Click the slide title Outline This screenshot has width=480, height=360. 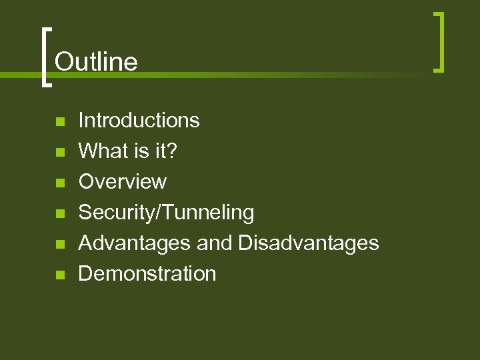pyautogui.click(x=96, y=62)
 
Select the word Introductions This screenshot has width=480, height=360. pyautogui.click(x=139, y=120)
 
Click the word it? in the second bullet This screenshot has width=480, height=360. pyautogui.click(x=165, y=151)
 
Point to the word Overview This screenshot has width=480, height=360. pyautogui.click(x=123, y=181)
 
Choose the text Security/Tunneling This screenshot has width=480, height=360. pyautogui.click(x=166, y=213)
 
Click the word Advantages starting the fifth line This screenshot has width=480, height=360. pyautogui.click(x=135, y=243)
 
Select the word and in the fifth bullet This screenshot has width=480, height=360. pyautogui.click(x=214, y=243)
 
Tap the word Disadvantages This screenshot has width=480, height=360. pyautogui.click(x=309, y=243)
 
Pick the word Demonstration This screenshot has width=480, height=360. pyautogui.click(x=147, y=273)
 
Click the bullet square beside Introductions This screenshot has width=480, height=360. pyautogui.click(x=59, y=122)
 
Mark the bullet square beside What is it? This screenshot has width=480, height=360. pyautogui.click(x=59, y=153)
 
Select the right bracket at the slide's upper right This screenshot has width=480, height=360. pyautogui.click(x=439, y=41)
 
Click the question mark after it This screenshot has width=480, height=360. pyautogui.click(x=173, y=151)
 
